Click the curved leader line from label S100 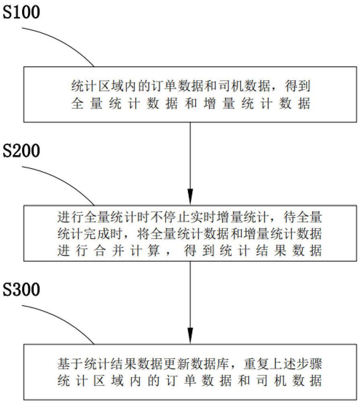(x=60, y=43)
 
